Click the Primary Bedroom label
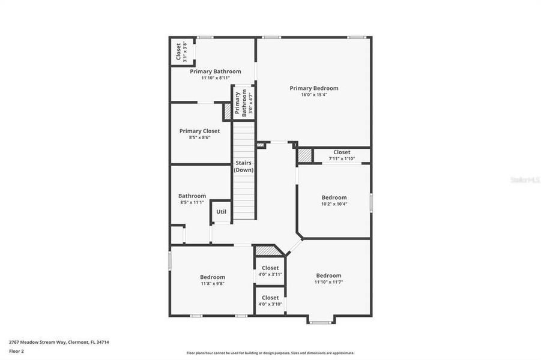[x=313, y=88]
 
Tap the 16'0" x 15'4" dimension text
[x=313, y=95]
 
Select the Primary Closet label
[x=199, y=131]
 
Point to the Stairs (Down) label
[x=244, y=166]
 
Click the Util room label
[x=221, y=211]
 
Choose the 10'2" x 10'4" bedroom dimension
[x=334, y=204]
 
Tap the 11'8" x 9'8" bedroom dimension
[x=213, y=284]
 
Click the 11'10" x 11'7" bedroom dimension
[x=328, y=282]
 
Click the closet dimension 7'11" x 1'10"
[x=342, y=159]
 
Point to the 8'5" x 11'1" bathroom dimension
[x=192, y=202]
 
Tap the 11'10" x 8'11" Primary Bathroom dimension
[x=216, y=78]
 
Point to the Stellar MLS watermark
[x=525, y=179]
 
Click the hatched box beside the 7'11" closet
[x=305, y=155]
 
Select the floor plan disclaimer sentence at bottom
[x=270, y=353]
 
